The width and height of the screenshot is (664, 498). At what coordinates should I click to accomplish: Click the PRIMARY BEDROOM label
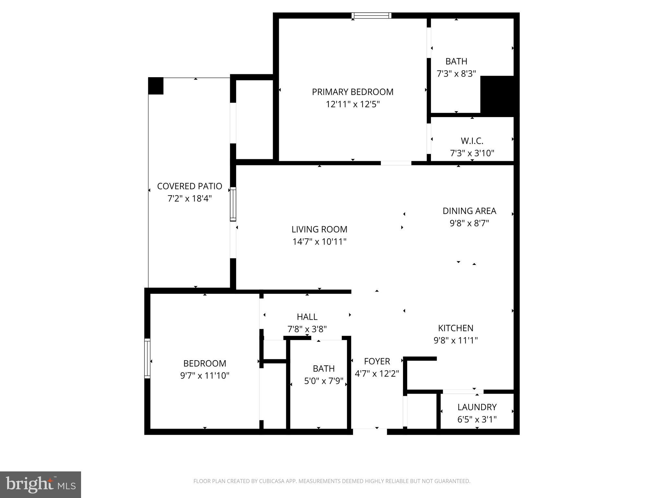coord(352,92)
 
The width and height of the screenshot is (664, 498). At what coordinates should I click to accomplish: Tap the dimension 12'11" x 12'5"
coord(352,104)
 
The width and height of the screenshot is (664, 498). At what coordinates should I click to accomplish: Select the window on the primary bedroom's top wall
coord(371,16)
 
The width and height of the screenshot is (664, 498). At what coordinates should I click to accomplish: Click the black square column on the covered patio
coord(156,86)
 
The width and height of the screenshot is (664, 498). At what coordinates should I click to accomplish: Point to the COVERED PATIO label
coord(189,186)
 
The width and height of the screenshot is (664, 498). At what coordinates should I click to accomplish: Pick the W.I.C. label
coord(472,141)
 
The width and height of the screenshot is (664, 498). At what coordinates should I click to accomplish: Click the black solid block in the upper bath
coord(497,96)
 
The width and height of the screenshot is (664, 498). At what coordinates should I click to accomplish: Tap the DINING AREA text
coord(469,211)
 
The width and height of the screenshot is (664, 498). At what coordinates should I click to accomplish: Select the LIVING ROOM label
coord(319,230)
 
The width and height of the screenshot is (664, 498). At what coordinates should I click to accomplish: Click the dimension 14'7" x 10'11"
coord(319,242)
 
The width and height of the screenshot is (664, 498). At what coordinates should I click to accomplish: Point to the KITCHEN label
coord(456,328)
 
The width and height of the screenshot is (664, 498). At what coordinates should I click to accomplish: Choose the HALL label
coord(307,317)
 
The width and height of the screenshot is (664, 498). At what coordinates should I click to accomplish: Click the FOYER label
coord(377,361)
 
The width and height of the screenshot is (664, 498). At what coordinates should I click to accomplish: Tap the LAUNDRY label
coord(477,407)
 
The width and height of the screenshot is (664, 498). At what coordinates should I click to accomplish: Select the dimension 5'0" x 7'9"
coord(323,381)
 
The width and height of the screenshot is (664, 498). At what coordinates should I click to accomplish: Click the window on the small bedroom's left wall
coord(148,358)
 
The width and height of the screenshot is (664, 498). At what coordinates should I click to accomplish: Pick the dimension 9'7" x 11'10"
coord(205,376)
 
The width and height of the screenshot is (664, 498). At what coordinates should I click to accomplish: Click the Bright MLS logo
coord(40,484)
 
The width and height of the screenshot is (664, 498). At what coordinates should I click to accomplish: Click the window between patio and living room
coord(233,204)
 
